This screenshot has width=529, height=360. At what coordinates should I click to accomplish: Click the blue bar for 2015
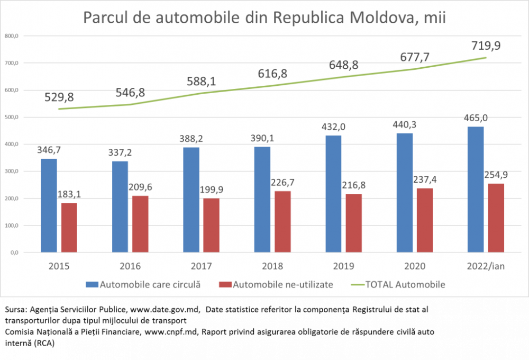click(x=49, y=205)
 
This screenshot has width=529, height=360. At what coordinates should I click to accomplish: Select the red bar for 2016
click(x=140, y=224)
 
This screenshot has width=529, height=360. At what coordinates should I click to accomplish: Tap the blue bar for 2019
click(x=333, y=194)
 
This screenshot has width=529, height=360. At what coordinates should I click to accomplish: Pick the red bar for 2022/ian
click(x=496, y=218)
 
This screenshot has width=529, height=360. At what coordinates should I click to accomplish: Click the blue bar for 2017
click(x=191, y=200)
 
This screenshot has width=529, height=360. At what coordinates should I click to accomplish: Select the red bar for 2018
click(x=282, y=221)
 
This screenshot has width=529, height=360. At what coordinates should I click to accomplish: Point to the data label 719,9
click(x=486, y=46)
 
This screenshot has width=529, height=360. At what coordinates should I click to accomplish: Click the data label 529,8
click(x=59, y=97)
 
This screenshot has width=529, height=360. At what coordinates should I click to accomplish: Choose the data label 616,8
click(x=272, y=74)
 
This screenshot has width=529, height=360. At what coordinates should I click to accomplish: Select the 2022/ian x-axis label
click(x=486, y=266)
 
